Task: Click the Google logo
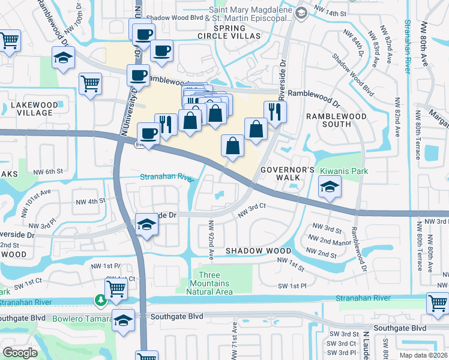20,353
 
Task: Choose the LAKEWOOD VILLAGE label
34,109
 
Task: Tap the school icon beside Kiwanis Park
330,189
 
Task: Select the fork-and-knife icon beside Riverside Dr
275,111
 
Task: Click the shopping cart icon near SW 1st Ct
116,288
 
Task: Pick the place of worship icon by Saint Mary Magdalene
301,12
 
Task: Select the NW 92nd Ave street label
211,239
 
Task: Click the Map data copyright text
423,355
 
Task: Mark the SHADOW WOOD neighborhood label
259,250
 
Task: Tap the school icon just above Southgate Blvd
124,320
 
